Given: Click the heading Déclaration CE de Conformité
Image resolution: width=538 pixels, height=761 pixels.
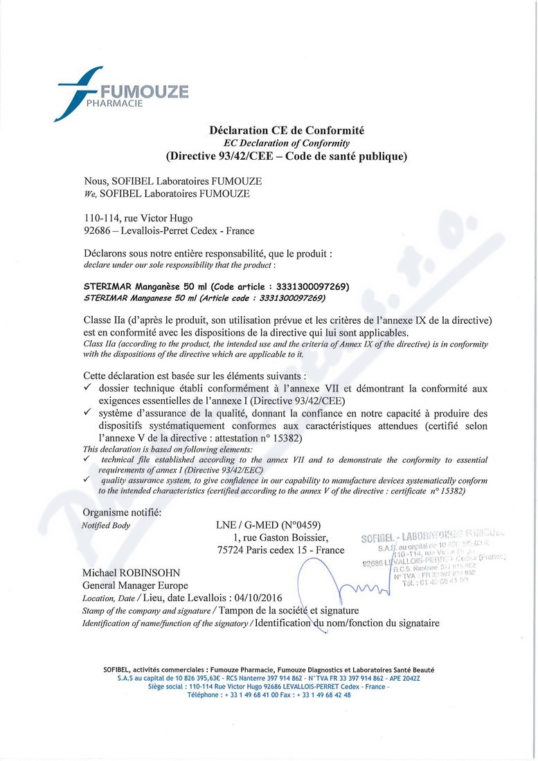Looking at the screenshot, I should [286, 130].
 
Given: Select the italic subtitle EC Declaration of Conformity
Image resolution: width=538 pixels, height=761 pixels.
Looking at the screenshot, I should [286, 143].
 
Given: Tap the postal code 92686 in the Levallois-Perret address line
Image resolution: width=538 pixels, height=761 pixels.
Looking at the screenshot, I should [96, 230].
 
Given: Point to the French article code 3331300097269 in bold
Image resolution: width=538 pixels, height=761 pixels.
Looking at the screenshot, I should [307, 286].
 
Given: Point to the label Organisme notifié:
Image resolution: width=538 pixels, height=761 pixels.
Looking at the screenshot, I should [122, 512].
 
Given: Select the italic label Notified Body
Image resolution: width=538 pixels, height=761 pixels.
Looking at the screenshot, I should [106, 524].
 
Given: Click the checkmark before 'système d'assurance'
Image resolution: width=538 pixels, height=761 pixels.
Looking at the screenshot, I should [87, 413].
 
